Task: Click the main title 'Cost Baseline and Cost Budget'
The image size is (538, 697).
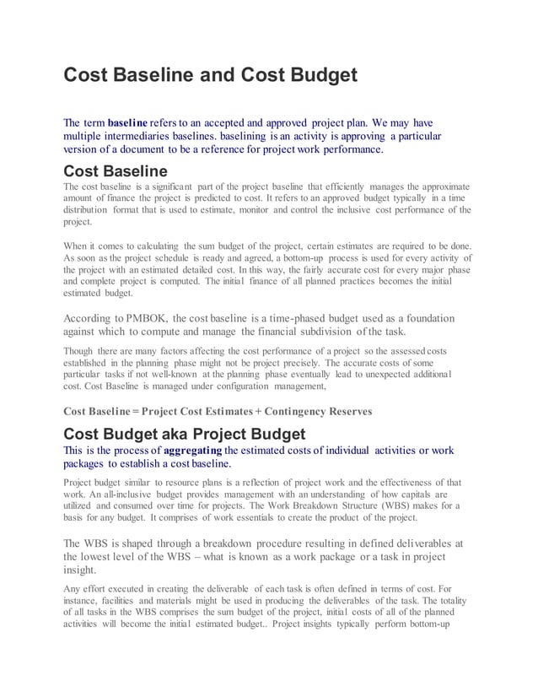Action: pos(211,77)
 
